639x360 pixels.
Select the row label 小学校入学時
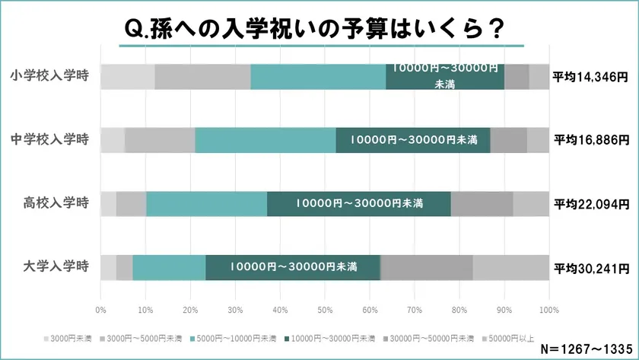50,76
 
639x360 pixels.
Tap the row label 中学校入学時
50,139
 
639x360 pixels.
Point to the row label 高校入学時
56,203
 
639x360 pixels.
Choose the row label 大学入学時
56,267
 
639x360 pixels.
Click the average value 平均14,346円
591,77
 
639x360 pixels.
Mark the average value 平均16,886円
591,140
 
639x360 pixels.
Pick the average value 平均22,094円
591,204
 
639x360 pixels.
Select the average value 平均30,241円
591,268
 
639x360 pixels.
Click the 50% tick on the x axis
325,310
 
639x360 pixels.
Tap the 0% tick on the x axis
100,310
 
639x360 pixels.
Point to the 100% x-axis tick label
548,310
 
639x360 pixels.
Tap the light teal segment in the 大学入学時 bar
169,267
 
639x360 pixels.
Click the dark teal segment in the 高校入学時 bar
359,203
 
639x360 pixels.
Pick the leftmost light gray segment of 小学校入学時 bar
127,77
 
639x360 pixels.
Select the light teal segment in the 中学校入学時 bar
265,140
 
